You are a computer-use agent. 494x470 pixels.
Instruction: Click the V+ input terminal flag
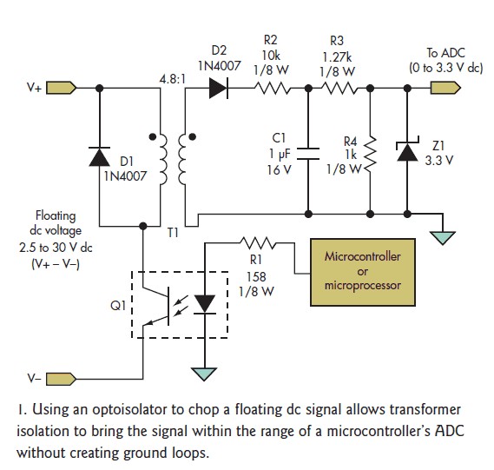coord(61,88)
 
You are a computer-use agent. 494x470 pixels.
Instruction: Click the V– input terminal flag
coord(61,380)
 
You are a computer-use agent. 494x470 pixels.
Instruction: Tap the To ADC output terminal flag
coord(445,88)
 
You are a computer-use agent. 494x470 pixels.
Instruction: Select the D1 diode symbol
coord(99,156)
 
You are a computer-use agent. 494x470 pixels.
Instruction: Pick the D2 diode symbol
coord(219,89)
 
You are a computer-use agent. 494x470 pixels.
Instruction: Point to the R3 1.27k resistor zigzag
coord(339,89)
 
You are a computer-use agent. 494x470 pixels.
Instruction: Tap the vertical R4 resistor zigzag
coord(371,156)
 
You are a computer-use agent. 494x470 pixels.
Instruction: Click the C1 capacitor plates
coord(308,153)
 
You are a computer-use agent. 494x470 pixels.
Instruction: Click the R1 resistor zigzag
coord(257,242)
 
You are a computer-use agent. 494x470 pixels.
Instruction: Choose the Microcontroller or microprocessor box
coord(363,272)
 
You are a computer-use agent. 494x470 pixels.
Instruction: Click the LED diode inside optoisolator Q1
coord(205,304)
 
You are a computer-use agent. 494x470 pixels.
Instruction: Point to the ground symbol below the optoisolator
coord(204,374)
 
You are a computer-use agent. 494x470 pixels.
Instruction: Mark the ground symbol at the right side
coord(443,238)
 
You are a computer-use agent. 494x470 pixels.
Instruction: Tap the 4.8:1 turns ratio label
coord(172,79)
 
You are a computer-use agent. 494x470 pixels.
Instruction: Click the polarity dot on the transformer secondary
coord(192,136)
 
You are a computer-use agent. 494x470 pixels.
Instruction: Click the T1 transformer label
coord(173,233)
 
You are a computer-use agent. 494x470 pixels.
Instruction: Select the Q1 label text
coord(118,305)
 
